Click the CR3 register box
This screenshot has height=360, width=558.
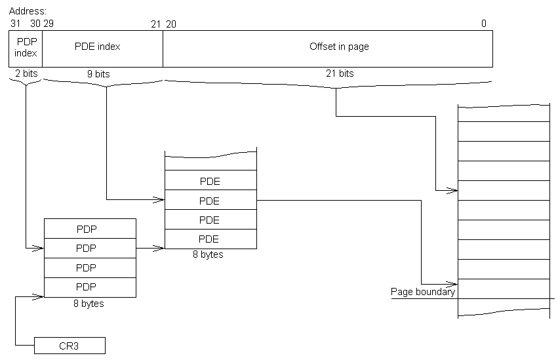coord(69,345)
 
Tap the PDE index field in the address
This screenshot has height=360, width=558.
coord(102,47)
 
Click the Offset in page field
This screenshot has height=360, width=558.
coord(340,47)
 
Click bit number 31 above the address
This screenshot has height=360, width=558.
coord(15,24)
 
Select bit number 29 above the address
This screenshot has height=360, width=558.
coord(49,24)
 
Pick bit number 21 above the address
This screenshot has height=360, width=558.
coord(155,24)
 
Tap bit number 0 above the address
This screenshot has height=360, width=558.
coord(484,24)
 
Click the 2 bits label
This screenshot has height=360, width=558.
coord(26,73)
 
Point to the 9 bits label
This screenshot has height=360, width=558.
coord(98,74)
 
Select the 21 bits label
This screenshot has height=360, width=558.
coord(340,73)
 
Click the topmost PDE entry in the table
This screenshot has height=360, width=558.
coord(209,181)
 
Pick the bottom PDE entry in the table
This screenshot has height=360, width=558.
coord(209,239)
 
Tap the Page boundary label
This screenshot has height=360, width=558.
coord(423,292)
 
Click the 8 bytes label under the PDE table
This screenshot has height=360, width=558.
coord(208,254)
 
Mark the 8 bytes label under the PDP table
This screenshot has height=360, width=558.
coord(89,304)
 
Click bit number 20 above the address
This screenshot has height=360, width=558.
coord(170,24)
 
